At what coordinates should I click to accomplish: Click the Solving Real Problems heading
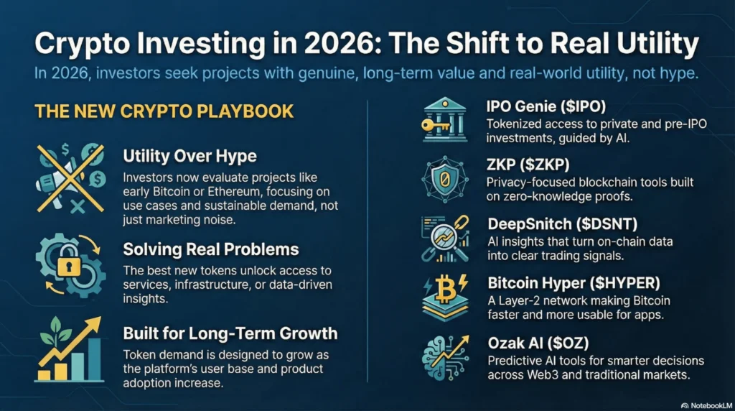click(210, 251)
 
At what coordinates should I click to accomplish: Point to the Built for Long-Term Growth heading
click(230, 333)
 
